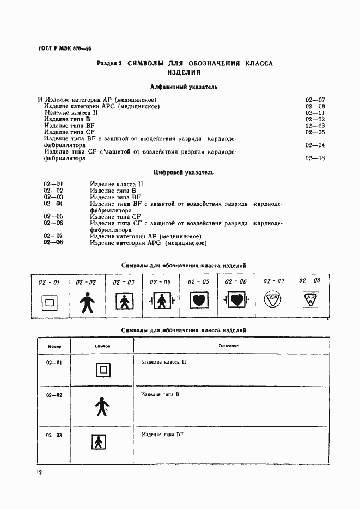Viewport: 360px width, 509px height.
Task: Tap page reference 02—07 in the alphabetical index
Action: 315,100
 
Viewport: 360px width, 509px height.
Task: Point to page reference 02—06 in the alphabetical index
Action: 315,158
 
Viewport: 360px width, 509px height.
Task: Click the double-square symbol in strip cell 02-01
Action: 49,302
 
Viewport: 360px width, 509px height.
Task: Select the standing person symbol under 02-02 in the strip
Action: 86,302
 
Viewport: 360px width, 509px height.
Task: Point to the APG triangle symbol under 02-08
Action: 310,299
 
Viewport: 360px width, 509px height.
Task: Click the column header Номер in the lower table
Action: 55,346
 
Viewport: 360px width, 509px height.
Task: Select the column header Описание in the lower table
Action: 226,346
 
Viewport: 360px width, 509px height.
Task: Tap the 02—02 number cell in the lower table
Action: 54,395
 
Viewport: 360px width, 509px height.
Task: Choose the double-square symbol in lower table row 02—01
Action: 102,370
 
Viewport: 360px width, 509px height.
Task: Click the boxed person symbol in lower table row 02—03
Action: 99,443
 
